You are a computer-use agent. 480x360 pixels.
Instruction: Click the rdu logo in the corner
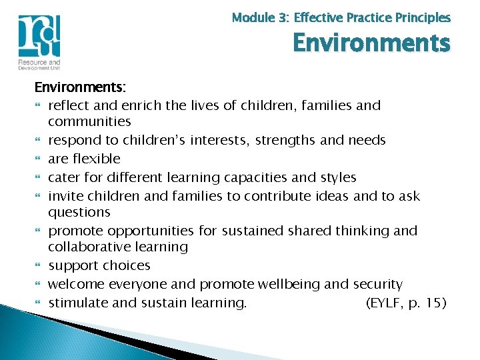tap(39, 36)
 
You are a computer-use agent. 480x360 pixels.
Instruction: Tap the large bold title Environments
tap(371, 43)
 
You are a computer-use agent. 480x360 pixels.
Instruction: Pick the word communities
tap(89, 121)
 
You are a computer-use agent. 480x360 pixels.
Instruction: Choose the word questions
tap(79, 212)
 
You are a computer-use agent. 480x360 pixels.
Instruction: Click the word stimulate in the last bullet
tap(76, 303)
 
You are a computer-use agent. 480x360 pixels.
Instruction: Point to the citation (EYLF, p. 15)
tap(406, 303)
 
